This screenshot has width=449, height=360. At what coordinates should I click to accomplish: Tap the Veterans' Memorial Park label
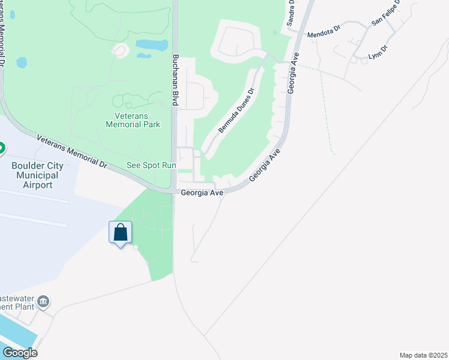(133, 121)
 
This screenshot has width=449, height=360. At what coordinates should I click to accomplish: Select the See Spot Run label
(151, 165)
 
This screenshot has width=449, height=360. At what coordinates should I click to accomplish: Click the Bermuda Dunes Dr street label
(236, 111)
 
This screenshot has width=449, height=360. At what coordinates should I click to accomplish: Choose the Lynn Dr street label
(378, 52)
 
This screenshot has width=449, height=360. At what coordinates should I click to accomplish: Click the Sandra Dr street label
(291, 12)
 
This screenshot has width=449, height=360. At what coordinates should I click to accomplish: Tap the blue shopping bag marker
(120, 232)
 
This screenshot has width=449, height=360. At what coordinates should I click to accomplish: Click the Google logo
(20, 353)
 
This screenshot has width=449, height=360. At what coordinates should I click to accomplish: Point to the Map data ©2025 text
(424, 355)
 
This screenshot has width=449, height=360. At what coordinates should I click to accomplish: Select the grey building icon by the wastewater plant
(43, 301)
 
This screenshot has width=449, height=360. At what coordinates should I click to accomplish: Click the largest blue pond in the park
(152, 44)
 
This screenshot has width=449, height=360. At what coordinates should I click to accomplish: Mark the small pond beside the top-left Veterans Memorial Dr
(22, 62)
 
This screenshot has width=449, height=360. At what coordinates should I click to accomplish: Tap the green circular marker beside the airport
(1, 148)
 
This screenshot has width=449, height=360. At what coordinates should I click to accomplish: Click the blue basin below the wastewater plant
(15, 333)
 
